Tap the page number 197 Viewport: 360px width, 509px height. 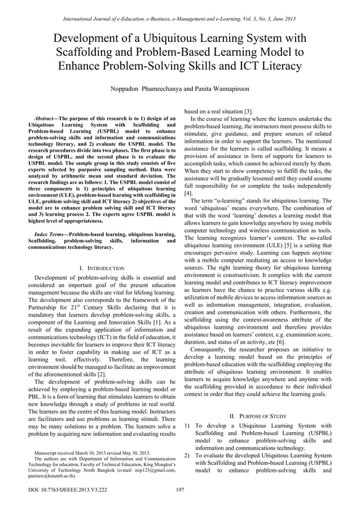[x=180, y=489]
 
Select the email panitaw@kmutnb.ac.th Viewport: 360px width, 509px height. [x=51, y=475]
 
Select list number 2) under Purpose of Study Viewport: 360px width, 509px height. [x=188, y=455]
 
